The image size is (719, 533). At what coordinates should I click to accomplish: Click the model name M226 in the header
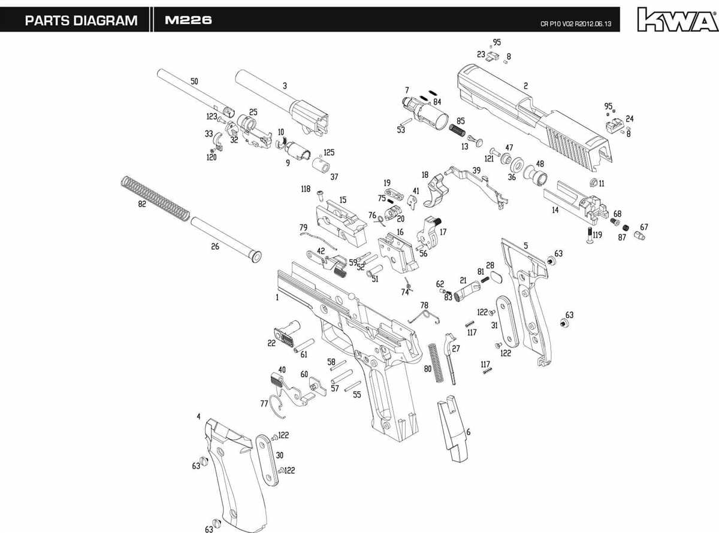click(x=188, y=20)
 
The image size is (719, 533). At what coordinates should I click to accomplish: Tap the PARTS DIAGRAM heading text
click(x=81, y=20)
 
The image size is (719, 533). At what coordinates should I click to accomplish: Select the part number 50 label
click(x=194, y=81)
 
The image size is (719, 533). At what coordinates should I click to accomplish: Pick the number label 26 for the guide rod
click(x=215, y=246)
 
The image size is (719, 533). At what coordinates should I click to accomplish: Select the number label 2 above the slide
click(x=525, y=86)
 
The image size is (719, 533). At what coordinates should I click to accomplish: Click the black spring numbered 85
click(x=458, y=130)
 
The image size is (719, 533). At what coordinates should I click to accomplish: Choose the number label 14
click(x=555, y=210)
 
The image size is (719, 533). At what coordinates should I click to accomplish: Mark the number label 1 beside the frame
click(x=277, y=297)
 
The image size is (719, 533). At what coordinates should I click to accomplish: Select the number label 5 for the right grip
click(x=525, y=246)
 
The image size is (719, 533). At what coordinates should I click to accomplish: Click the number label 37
click(x=334, y=177)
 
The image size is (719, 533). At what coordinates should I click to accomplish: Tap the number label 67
click(x=644, y=227)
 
